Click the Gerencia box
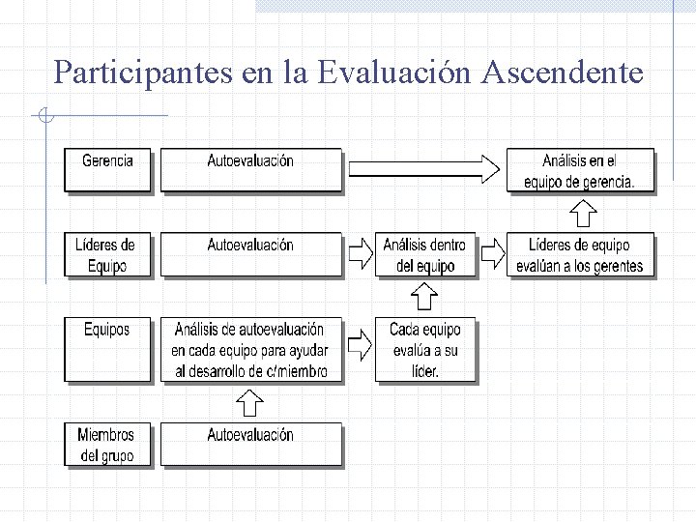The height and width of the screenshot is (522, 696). point(108,169)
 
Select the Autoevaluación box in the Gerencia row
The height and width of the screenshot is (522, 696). point(250,169)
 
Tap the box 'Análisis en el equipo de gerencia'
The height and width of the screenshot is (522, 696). point(581,170)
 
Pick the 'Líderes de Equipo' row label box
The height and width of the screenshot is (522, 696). point(108,254)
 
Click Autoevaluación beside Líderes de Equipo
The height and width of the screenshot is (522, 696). point(250,254)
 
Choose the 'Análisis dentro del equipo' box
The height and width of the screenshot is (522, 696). point(425,254)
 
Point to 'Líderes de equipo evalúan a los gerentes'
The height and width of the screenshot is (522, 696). point(581,254)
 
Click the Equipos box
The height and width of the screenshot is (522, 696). point(108,349)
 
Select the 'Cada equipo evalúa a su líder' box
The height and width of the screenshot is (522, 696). point(425,349)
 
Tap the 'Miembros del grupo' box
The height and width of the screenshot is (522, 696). point(108,445)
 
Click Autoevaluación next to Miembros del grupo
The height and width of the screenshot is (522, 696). point(250,445)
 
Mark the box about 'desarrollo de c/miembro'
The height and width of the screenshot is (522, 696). point(250,349)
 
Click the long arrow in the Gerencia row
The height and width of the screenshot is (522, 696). point(424,169)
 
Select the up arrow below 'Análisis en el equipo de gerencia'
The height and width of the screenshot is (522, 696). point(582,213)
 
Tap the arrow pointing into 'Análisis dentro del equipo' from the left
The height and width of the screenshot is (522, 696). point(360,253)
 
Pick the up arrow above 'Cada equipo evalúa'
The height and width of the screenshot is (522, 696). point(425,296)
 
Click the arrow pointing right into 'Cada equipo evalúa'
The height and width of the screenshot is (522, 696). point(360,343)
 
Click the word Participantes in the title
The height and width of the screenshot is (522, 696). point(143,72)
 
